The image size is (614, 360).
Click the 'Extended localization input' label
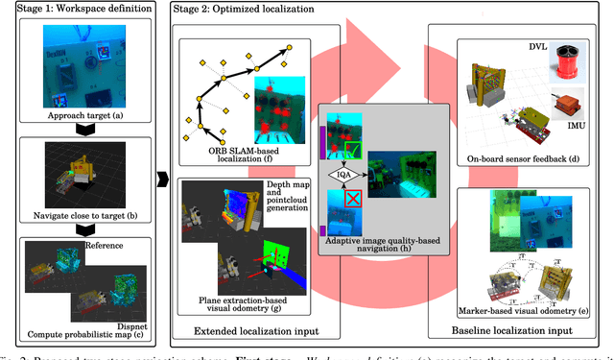coord(249,332)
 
